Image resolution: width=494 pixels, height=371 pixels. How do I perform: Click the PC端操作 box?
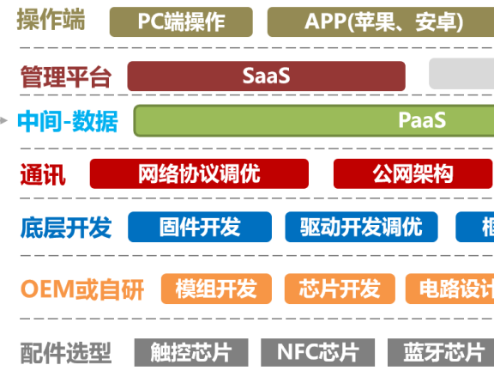(x=181, y=22)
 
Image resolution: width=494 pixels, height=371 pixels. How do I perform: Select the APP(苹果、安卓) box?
(x=383, y=22)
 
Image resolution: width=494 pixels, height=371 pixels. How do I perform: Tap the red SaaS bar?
(x=266, y=76)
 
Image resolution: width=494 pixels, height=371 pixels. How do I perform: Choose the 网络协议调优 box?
(x=199, y=174)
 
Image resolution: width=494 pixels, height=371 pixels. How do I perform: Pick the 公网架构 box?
(x=413, y=174)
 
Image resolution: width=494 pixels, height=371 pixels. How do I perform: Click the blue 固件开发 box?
(x=199, y=228)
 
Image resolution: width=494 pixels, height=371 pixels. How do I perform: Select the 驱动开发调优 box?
(x=361, y=228)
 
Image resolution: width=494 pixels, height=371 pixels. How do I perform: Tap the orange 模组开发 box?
(x=215, y=289)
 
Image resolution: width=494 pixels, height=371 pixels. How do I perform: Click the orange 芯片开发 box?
(x=339, y=289)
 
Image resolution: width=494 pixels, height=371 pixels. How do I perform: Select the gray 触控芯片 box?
(x=190, y=352)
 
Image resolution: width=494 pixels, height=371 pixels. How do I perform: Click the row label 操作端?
(x=51, y=21)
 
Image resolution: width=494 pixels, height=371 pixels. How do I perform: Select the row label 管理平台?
(x=66, y=77)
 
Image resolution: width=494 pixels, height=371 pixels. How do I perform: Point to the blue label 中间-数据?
(x=68, y=121)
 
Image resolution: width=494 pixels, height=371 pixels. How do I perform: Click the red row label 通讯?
(x=43, y=175)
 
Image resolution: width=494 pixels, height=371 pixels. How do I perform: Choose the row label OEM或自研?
(x=82, y=289)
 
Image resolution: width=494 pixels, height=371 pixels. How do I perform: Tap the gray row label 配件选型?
(x=66, y=353)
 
